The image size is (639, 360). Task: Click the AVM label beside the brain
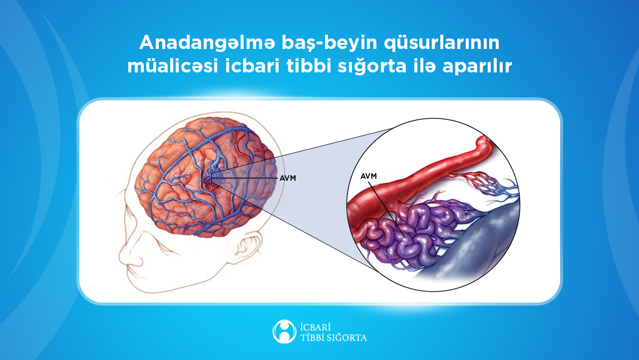click(x=288, y=178)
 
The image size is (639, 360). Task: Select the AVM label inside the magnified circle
click(x=368, y=176)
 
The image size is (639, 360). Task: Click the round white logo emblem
click(x=284, y=332)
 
